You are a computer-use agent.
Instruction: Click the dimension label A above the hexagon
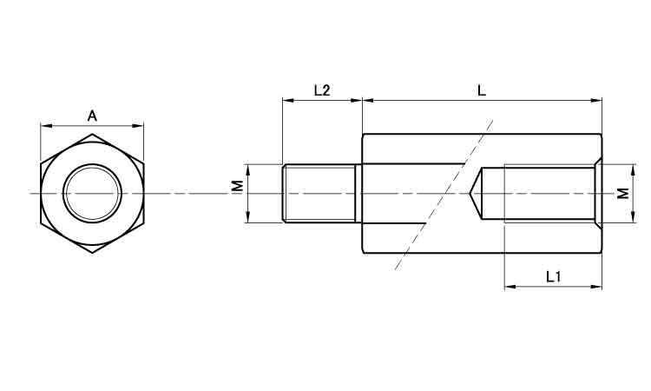[x=92, y=116]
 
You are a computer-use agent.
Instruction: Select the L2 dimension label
[x=322, y=90]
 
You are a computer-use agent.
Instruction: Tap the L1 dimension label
[x=554, y=276]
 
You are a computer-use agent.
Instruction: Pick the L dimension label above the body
[x=481, y=90]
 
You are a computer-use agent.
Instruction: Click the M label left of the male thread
[x=237, y=186]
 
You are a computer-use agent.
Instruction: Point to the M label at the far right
[x=622, y=193]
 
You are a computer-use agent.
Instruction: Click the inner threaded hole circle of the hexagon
[x=92, y=193]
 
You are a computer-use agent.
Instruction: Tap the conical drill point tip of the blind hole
[x=470, y=193]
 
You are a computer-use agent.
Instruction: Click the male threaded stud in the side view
[x=319, y=193]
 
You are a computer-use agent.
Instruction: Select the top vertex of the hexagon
[x=92, y=134]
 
